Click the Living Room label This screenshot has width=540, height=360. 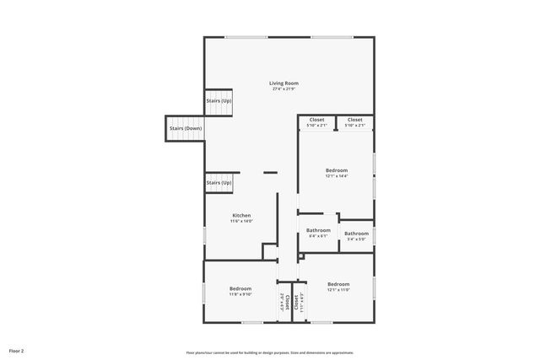[283, 83]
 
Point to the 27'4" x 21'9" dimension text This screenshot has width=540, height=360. [283, 89]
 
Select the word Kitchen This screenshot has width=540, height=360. [241, 215]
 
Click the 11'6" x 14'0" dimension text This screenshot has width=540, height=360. [241, 221]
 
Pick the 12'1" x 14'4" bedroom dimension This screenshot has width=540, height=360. [337, 176]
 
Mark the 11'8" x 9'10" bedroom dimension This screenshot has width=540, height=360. [240, 295]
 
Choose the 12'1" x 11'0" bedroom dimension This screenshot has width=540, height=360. [338, 289]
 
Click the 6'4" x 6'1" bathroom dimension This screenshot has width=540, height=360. [318, 236]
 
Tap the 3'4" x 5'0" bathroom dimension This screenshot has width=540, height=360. [356, 239]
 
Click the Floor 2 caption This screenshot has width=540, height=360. [17, 350]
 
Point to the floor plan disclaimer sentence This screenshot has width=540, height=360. [269, 352]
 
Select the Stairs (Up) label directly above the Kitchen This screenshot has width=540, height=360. [219, 182]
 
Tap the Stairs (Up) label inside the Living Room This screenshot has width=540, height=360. [219, 101]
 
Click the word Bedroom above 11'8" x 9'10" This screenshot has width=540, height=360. [240, 289]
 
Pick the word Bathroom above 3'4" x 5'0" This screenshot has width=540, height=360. [356, 234]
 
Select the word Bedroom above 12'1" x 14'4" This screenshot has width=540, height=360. [337, 170]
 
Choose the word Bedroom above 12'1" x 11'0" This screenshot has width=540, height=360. [338, 283]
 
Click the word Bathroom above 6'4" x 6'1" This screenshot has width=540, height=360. [318, 230]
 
